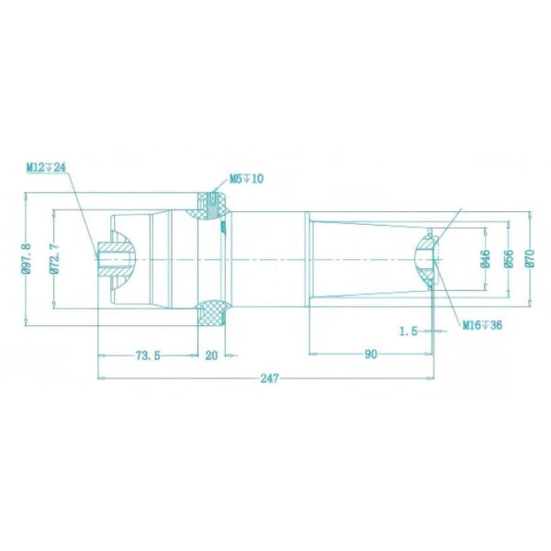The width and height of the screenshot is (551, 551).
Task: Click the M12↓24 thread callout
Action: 47,166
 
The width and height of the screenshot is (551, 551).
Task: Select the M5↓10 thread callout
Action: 246,178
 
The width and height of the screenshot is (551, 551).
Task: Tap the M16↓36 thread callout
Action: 481,324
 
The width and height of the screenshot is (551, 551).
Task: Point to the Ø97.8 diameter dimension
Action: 27,258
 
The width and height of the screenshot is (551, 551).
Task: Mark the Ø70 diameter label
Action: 530,258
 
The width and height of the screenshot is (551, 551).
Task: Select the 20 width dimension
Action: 212,355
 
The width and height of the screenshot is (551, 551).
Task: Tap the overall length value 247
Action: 267,378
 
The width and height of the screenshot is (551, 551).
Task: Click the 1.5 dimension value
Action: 410,332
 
